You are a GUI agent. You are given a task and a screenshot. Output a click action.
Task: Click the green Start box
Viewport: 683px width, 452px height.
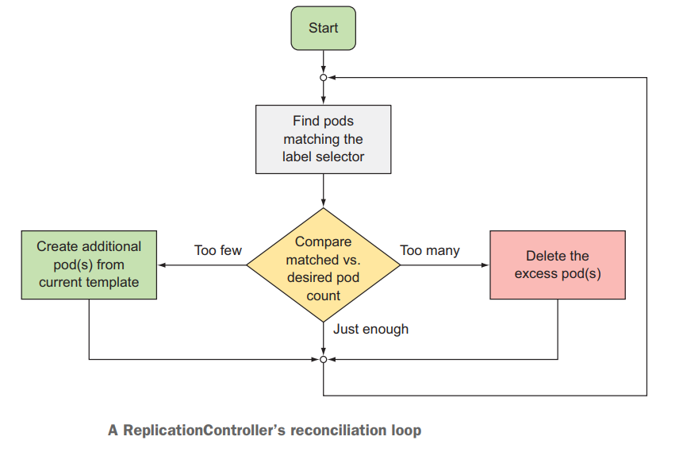pos(323,29)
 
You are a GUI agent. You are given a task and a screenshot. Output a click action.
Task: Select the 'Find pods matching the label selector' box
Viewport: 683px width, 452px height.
pos(323,139)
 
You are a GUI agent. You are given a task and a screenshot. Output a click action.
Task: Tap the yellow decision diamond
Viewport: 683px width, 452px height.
pos(323,265)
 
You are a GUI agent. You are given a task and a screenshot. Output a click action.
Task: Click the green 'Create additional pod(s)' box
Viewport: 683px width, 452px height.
pos(89,265)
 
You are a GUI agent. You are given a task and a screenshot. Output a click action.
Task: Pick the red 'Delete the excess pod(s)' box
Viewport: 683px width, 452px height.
pos(557,265)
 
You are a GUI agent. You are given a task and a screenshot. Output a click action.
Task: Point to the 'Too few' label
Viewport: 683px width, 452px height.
pos(217,250)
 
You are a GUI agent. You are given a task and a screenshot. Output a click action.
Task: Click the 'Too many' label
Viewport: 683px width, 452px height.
pos(429,250)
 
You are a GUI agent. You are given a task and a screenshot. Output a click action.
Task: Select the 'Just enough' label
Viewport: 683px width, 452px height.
pos(370,329)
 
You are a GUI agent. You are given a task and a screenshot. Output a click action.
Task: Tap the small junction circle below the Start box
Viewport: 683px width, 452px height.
pos(323,78)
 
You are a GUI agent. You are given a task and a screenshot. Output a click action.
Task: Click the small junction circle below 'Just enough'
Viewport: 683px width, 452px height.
pos(323,360)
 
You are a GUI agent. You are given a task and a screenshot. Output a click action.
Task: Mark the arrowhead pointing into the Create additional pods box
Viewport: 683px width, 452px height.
pos(162,265)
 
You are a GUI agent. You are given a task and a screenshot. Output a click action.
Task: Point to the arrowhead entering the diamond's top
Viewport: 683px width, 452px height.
pos(323,204)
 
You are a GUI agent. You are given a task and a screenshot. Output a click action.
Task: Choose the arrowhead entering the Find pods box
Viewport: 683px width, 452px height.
pos(323,101)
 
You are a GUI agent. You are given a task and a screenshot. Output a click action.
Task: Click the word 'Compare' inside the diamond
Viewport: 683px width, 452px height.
pos(323,241)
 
